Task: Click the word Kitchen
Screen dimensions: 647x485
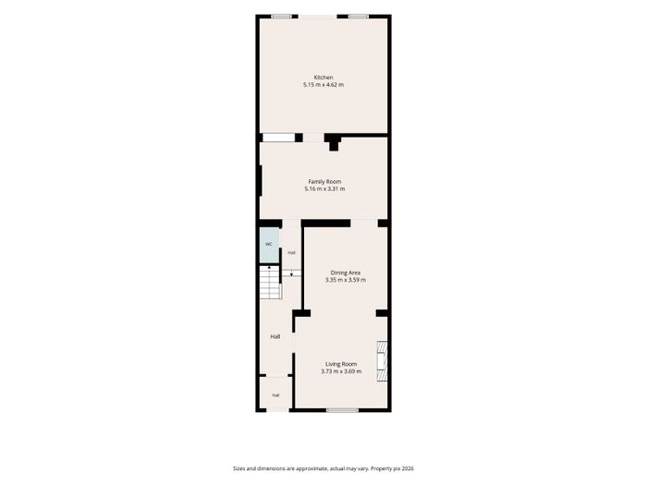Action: (x=323, y=77)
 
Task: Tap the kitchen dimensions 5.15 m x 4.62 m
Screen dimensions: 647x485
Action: (x=323, y=85)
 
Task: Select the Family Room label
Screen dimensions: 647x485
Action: (x=324, y=181)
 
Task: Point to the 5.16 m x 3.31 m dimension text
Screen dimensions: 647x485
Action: (x=324, y=188)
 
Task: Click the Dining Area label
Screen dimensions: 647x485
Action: (x=346, y=273)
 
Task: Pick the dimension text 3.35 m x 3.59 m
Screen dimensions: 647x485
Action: (x=346, y=280)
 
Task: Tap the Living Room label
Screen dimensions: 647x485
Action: (x=341, y=364)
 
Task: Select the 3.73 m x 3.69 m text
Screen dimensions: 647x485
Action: (x=341, y=371)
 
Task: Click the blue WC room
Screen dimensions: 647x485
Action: (x=269, y=245)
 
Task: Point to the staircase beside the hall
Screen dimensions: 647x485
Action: (x=270, y=283)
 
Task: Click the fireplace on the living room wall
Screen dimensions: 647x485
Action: (x=382, y=362)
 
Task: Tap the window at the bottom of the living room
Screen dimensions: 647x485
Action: (x=343, y=410)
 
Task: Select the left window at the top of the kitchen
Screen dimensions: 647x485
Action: (x=281, y=17)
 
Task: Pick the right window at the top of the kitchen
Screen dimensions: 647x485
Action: (x=359, y=17)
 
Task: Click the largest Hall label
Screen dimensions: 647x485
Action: (x=275, y=337)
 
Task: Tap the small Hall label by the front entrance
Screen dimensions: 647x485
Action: (x=275, y=395)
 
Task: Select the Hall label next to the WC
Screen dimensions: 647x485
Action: (x=292, y=253)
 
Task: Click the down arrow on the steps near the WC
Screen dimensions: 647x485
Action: (x=292, y=273)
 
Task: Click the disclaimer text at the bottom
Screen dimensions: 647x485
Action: (x=323, y=468)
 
